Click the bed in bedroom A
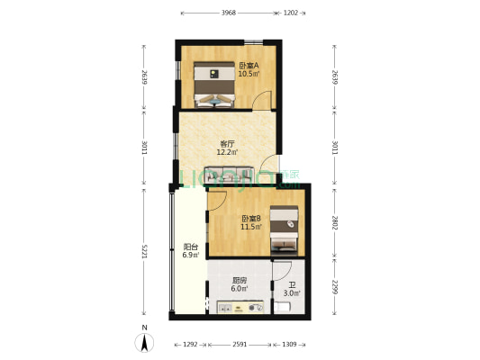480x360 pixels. pos(215,85)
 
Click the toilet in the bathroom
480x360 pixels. pos(284,309)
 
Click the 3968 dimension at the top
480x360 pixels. pos(228,13)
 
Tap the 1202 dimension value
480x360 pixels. pos(291,13)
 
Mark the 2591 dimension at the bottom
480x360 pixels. pos(239,345)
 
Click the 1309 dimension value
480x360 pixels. pos(288,345)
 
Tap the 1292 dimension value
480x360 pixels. pos(190,345)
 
